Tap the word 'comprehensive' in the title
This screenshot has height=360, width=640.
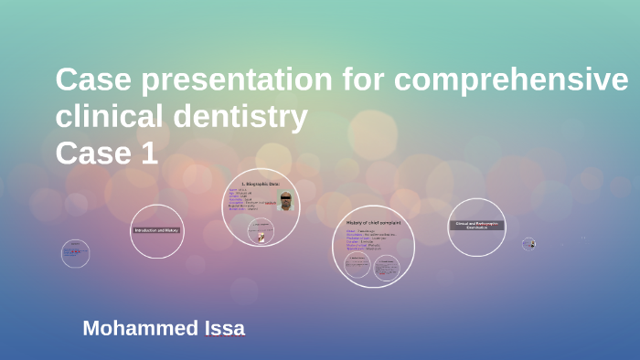point(511,81)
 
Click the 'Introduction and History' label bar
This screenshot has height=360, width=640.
point(157,230)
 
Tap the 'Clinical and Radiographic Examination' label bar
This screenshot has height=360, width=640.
point(477,225)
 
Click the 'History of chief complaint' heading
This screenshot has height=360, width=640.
point(373,222)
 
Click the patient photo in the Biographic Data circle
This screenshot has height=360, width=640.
point(286,201)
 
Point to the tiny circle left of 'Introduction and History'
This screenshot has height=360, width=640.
point(75,253)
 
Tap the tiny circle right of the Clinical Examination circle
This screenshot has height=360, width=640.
point(528,244)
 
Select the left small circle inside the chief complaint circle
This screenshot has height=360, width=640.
point(357,265)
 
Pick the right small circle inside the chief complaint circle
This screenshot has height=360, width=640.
point(388,266)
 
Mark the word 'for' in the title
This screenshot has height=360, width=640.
point(357,81)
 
